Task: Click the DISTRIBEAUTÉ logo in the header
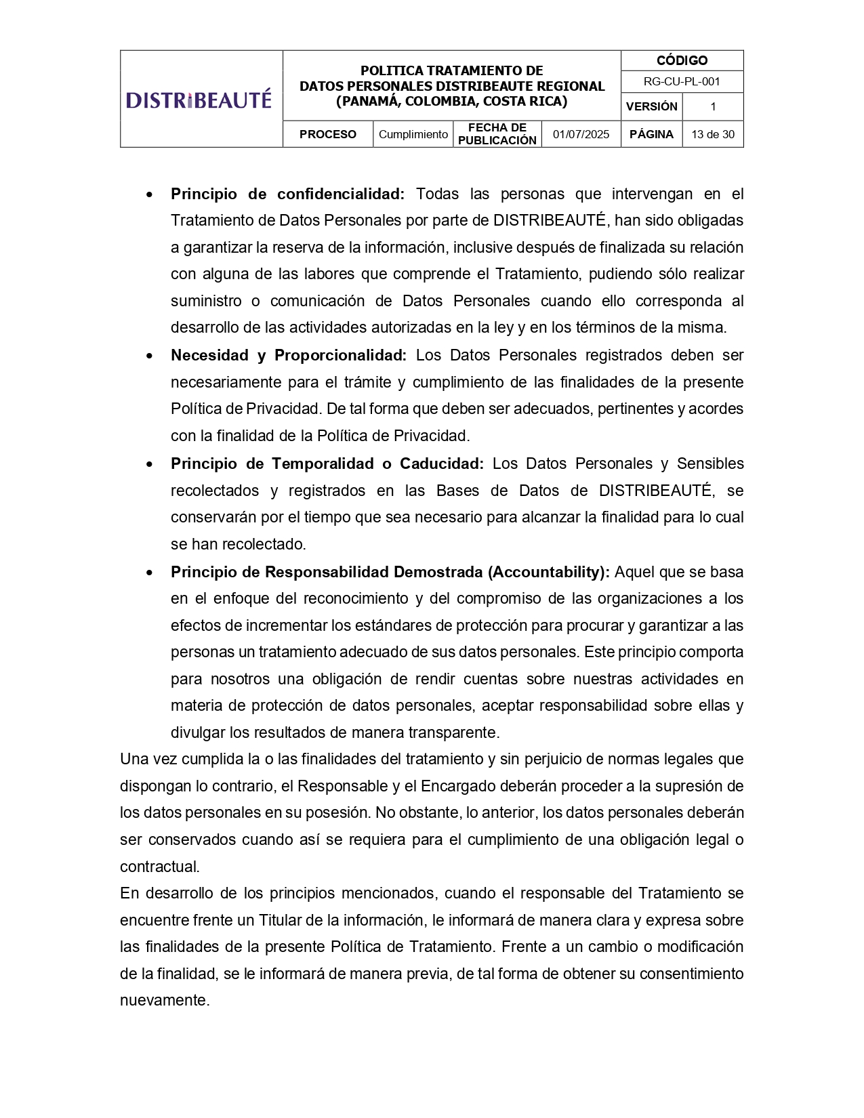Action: pos(199,100)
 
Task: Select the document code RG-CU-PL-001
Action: pos(682,82)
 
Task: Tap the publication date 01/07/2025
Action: pos(581,134)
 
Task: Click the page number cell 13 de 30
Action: pos(712,134)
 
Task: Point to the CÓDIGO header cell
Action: pos(682,61)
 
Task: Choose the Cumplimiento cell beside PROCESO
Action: pos(413,134)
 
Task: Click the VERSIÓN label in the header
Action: pos(651,106)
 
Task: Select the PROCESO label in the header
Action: pos(328,134)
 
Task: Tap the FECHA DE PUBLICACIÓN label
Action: pos(497,134)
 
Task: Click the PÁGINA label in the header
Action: pos(651,134)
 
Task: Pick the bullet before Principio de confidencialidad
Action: pos(149,194)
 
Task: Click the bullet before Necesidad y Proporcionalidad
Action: pos(149,356)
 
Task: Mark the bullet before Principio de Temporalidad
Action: pos(149,464)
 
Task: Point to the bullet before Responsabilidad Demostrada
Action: pos(149,573)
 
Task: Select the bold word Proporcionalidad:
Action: pos(340,355)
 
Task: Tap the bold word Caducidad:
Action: pos(442,463)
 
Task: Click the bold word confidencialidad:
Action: pos(340,194)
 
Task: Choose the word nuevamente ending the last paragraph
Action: pos(164,1000)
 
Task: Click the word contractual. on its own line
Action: pos(160,867)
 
